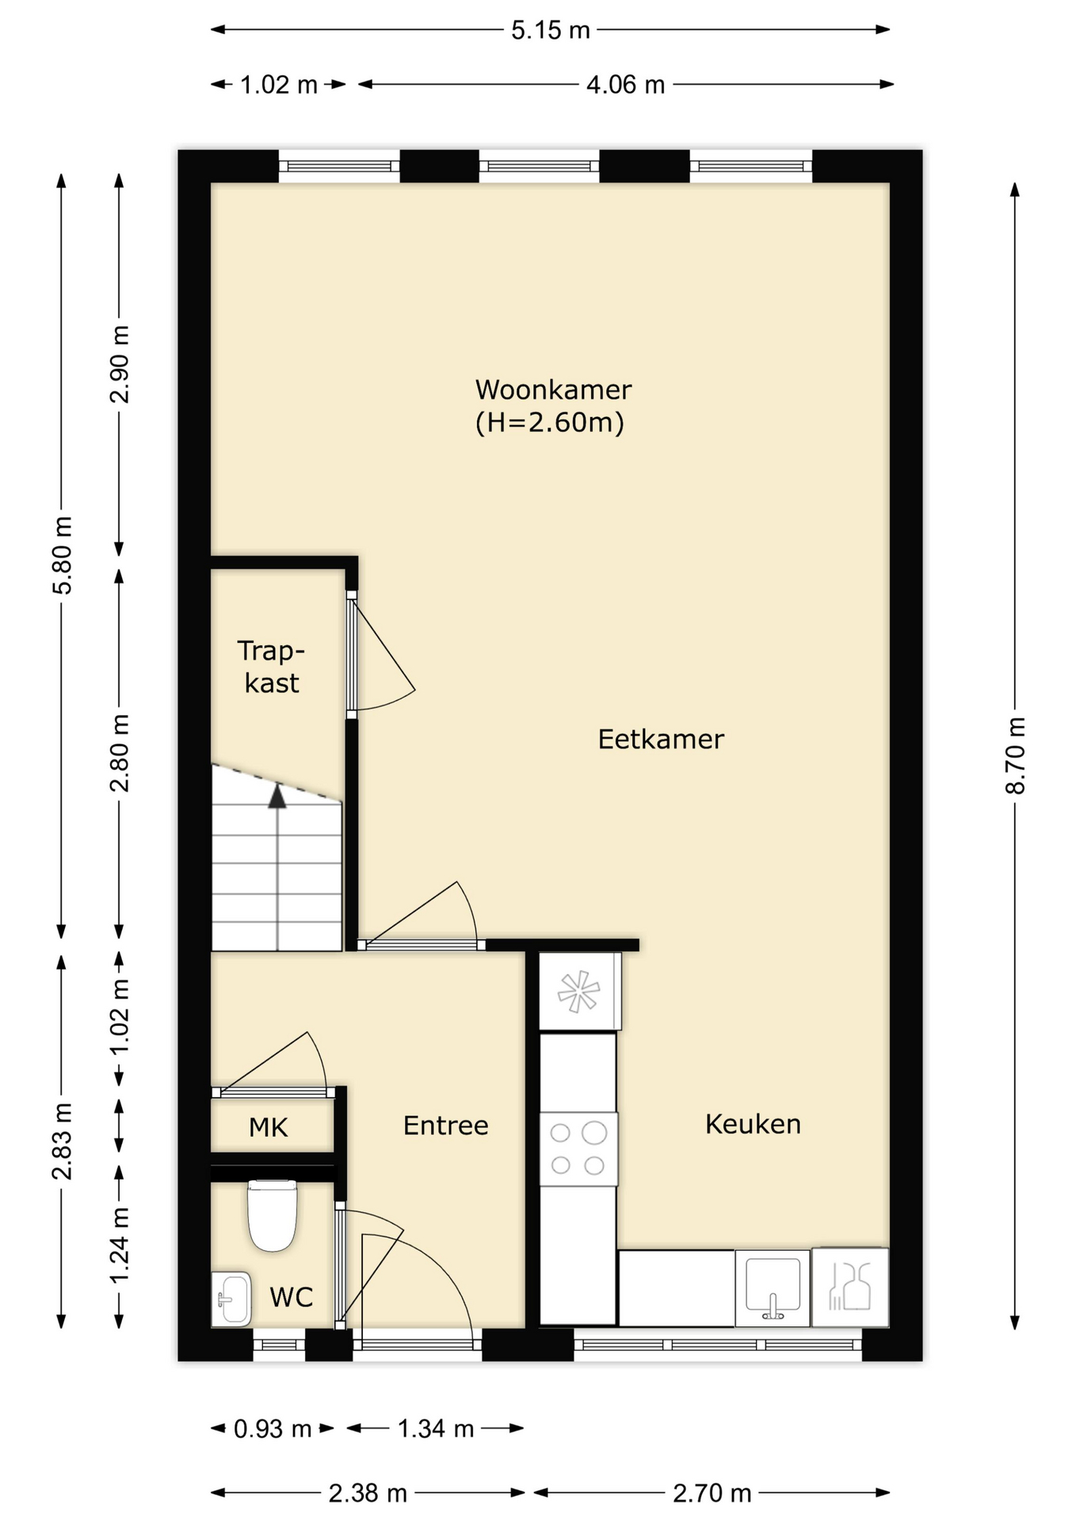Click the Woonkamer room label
553,390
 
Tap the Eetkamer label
661,740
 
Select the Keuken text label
753,1124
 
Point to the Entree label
445,1126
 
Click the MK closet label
268,1127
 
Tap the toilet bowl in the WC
273,1215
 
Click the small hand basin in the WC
231,1298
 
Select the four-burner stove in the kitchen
578,1149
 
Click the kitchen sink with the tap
773,1288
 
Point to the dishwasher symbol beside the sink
849,1287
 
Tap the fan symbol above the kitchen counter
579,992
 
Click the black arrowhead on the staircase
277,796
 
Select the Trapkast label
271,667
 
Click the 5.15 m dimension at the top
551,30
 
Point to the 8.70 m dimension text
1015,755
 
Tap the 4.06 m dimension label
625,84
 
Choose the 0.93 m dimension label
272,1428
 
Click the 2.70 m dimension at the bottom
712,1493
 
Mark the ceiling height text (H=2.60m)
550,423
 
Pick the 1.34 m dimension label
435,1428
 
